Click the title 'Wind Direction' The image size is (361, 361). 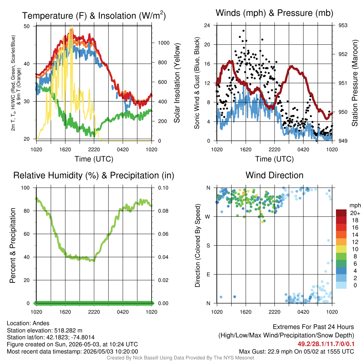pos(274,175)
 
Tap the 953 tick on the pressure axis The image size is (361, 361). pos(343,25)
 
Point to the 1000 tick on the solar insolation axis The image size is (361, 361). pos(164,43)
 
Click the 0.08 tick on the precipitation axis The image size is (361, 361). pos(163,211)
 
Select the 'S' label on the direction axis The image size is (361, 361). pos(208,246)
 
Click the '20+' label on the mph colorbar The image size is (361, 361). pos(355,213)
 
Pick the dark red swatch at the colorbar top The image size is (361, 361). pos(341,213)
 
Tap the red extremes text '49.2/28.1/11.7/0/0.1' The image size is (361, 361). pos(326,344)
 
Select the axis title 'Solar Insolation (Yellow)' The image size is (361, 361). pos(177,83)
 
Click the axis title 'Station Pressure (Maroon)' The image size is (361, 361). pos(355,83)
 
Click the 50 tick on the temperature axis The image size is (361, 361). pos(27,26)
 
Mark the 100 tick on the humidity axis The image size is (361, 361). pos(25,188)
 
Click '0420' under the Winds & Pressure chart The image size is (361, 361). pos(303,149)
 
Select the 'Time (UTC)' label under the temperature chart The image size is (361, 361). pos(94,159)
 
